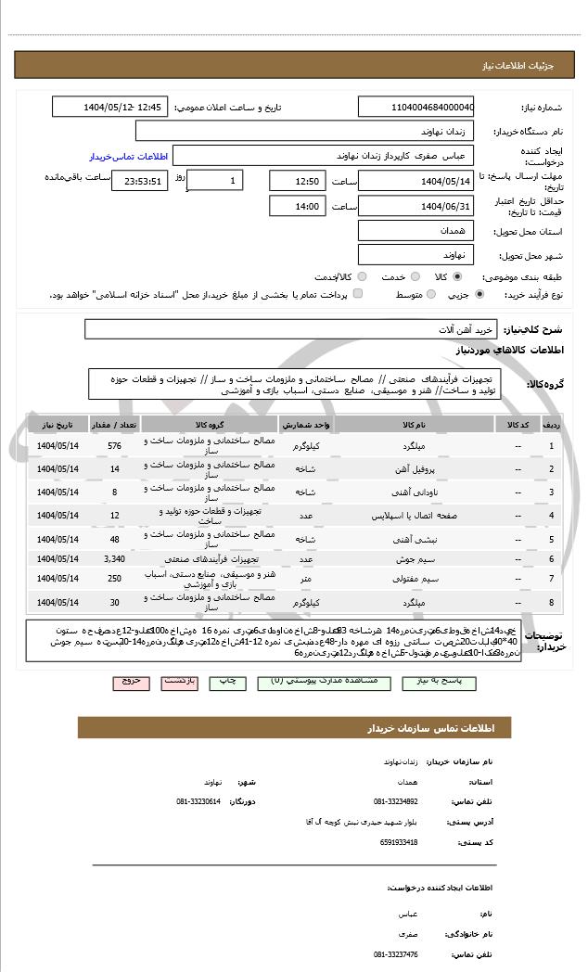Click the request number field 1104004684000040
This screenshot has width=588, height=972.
pos(415,107)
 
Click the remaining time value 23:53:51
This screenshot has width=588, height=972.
pos(139,181)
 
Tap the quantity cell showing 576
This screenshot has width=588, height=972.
pos(114,446)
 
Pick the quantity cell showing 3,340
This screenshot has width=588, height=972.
pos(114,559)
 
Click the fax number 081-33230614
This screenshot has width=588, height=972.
pos(198,800)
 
